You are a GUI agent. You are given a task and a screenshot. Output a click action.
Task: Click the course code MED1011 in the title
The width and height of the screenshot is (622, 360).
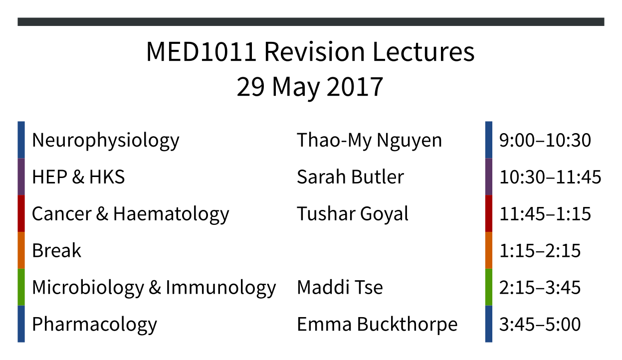coord(201,52)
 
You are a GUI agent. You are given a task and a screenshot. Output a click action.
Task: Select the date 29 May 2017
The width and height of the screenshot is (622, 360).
coord(310,87)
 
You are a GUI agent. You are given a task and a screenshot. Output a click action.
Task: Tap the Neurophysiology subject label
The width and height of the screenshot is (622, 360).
coord(106,141)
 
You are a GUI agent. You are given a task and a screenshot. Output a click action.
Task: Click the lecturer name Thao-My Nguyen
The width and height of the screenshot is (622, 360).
coord(369,141)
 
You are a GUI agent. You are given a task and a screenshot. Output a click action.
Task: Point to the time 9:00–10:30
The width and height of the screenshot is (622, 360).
coord(545,140)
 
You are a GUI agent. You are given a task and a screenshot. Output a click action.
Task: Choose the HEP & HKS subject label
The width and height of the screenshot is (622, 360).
coord(78,177)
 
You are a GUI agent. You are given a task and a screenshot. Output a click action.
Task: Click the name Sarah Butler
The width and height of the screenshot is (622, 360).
coord(350,177)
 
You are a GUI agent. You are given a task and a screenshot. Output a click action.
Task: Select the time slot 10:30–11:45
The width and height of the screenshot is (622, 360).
coord(550,177)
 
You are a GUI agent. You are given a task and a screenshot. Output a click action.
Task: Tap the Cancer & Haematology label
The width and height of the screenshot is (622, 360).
coord(131,214)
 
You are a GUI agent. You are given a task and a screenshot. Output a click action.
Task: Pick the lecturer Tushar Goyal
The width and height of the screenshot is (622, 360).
coord(353,214)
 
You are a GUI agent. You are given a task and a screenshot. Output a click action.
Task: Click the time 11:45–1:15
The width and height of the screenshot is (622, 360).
coord(545,214)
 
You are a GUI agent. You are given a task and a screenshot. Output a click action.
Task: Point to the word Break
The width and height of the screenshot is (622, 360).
coord(57,250)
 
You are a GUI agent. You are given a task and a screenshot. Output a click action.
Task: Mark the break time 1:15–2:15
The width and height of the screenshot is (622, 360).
coord(540,251)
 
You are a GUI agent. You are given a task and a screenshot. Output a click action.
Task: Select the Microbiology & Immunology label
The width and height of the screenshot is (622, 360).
coord(154,288)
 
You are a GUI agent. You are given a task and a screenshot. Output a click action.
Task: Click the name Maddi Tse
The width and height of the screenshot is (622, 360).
coord(340,287)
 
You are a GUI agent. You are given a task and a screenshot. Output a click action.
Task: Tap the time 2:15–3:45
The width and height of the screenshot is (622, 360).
coord(540,288)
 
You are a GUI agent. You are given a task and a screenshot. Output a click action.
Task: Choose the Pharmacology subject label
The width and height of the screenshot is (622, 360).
coord(94,325)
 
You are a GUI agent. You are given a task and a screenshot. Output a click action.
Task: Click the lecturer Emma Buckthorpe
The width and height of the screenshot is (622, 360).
coord(377,325)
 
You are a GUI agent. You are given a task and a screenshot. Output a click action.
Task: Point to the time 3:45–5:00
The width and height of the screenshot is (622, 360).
coord(540,325)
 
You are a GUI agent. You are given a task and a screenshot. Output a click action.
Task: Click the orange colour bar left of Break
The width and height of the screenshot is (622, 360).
coord(21,250)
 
